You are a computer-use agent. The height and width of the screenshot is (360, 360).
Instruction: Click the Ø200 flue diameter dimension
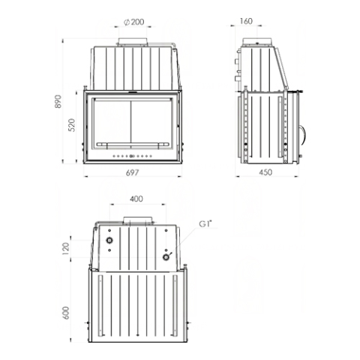click(x=134, y=22)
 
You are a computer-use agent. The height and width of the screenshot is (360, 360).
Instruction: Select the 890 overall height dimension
click(x=58, y=101)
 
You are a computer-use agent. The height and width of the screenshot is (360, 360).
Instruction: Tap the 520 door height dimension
click(x=72, y=125)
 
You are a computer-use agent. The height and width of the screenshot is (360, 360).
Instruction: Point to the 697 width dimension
click(x=132, y=172)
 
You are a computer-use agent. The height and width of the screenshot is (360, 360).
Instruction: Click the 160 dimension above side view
click(x=246, y=21)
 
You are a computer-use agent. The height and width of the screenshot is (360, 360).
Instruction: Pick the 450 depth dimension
click(x=265, y=172)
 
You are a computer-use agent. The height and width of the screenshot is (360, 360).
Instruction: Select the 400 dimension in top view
click(x=136, y=199)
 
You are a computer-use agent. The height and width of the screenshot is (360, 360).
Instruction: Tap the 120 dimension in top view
click(x=66, y=248)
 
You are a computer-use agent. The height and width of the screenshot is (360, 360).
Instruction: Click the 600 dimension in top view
click(x=66, y=313)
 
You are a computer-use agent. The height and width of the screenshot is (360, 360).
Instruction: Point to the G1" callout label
click(x=205, y=223)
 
